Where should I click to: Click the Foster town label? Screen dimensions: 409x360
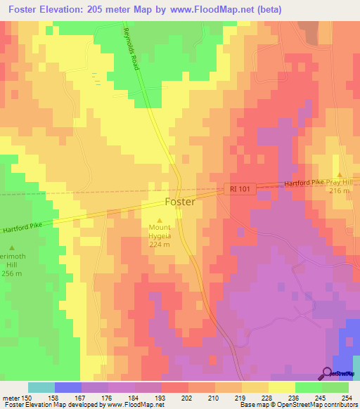pos(179,202)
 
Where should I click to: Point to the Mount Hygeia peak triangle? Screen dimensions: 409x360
pos(158,219)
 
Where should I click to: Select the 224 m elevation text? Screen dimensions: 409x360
pos(158,245)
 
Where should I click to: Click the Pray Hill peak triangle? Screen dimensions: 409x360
pos(340,175)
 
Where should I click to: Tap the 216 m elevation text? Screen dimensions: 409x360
pos(340,190)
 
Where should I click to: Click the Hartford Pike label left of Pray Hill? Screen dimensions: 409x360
pos(304,183)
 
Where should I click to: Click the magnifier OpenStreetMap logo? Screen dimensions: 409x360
pos(327,374)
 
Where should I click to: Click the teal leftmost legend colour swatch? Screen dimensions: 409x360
pos(41,387)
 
